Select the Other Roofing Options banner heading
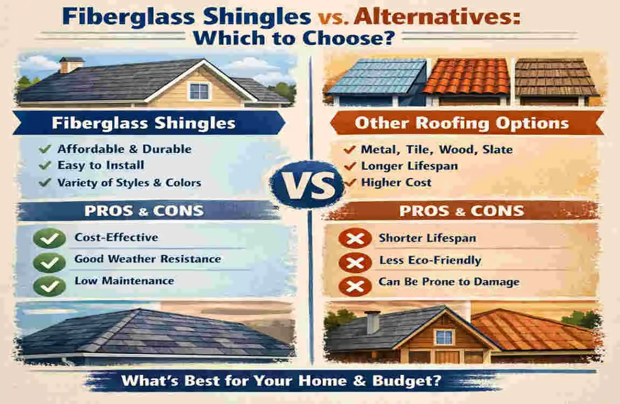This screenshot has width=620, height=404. coord(461,123)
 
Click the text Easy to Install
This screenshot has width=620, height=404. coord(101,165)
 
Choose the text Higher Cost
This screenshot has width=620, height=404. coord(396,183)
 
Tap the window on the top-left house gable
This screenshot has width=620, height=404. coord(199,90)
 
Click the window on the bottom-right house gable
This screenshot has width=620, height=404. coord(444,337)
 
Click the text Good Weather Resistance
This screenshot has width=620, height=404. coord(147,259)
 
